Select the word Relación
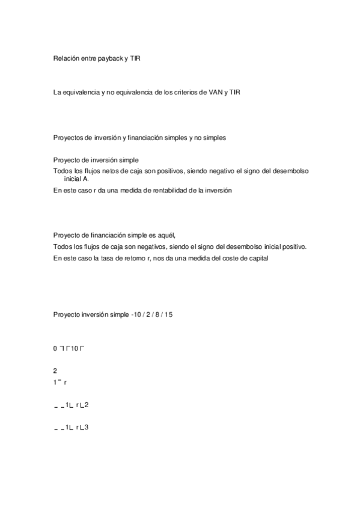point(67,58)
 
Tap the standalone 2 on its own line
point(55,371)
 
